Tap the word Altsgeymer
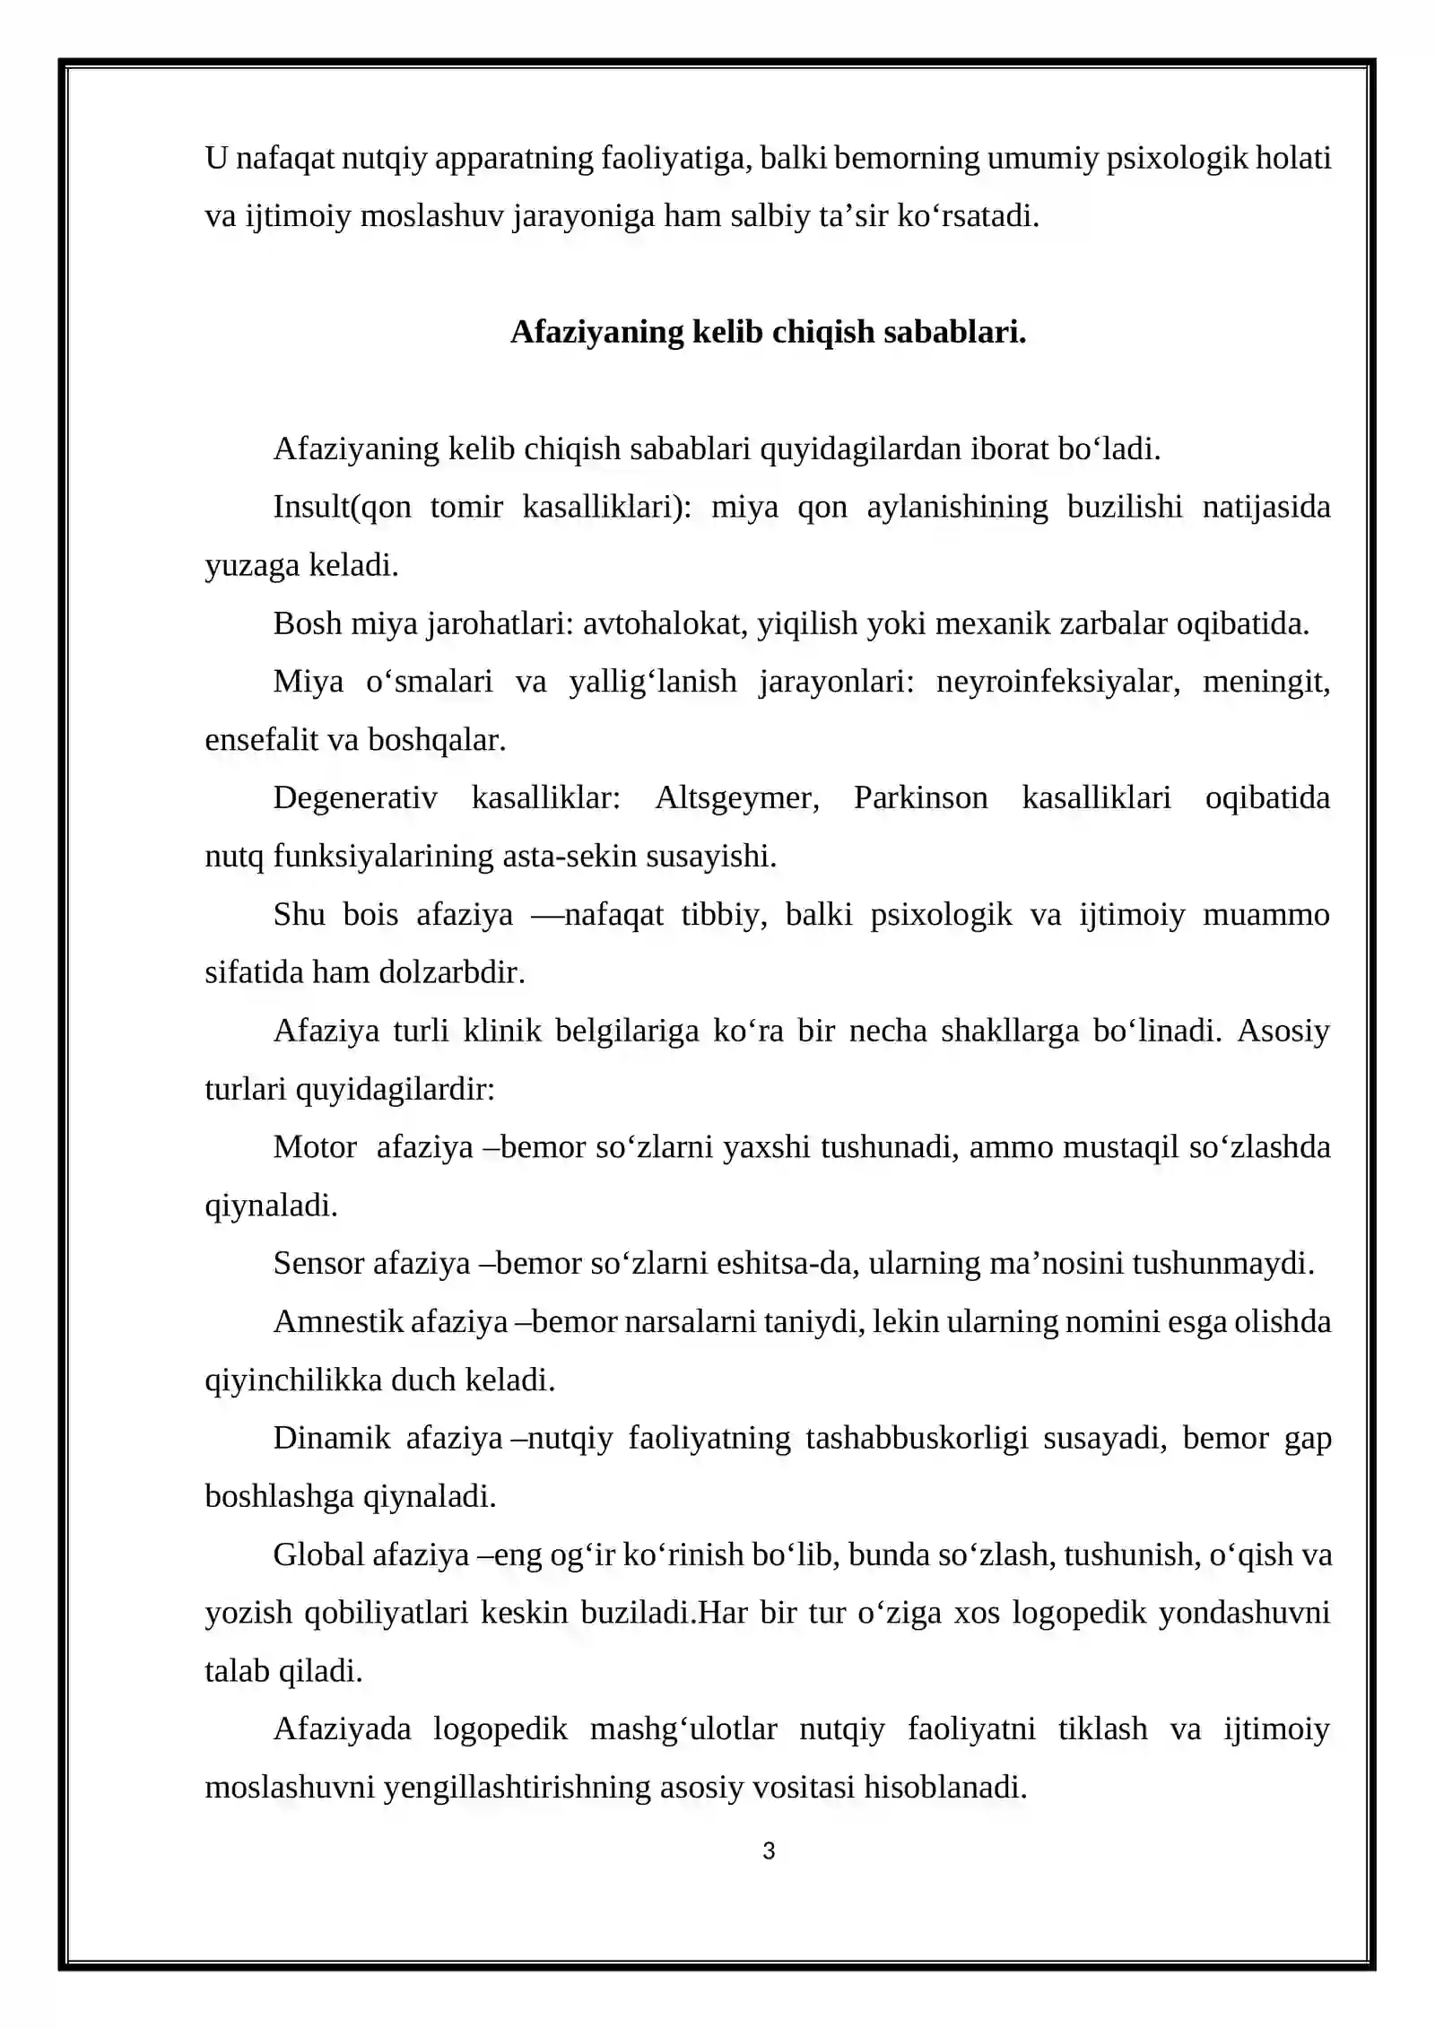click(736, 797)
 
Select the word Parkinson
click(920, 797)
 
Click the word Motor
click(315, 1147)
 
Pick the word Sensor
click(318, 1263)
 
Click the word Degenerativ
click(355, 797)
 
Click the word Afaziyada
click(342, 1729)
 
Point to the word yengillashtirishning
click(517, 1787)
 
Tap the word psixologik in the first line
click(1177, 158)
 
